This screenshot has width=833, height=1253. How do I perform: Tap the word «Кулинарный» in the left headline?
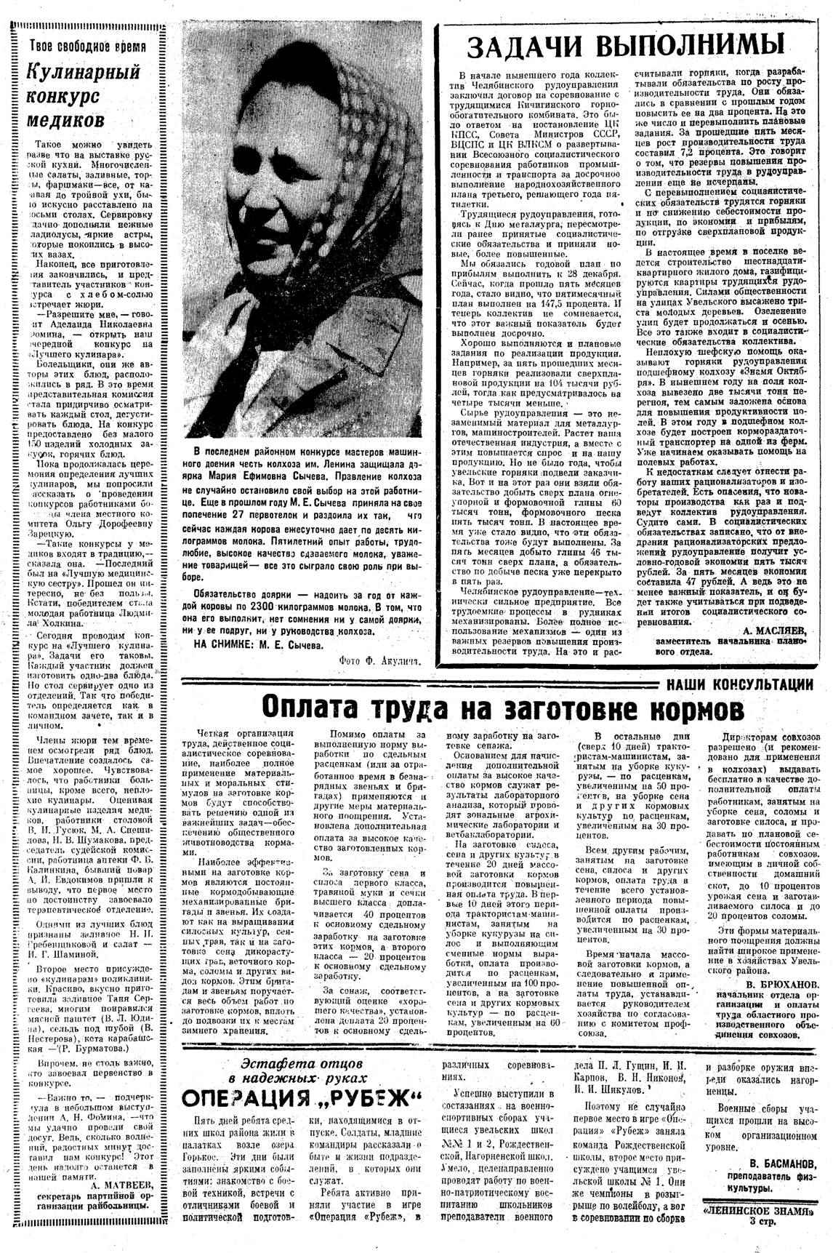coord(73,73)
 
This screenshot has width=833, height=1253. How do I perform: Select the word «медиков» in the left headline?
coord(66,119)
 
